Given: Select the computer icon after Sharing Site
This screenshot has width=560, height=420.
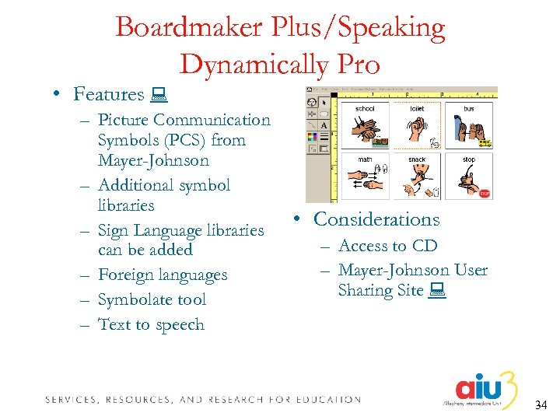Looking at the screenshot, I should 436,291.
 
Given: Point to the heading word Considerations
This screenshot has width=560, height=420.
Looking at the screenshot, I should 376,220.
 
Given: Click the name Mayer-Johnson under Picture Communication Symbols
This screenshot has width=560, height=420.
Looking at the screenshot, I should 153,161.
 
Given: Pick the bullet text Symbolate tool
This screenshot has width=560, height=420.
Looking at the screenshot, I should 152,299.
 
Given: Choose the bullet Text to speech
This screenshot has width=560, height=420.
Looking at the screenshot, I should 151,324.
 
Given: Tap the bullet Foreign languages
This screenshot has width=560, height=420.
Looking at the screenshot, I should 163,275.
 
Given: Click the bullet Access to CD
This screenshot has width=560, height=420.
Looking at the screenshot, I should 388,246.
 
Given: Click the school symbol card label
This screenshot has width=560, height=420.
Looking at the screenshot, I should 365,109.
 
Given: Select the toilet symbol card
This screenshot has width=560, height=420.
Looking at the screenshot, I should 417,126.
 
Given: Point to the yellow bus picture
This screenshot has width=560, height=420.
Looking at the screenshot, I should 484,142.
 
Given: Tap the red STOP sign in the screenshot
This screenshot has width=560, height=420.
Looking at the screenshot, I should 484,194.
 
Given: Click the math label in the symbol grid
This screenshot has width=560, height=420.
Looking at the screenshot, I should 365,159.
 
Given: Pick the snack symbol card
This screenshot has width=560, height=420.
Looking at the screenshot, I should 417,177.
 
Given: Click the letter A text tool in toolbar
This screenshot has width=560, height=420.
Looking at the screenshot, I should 324,125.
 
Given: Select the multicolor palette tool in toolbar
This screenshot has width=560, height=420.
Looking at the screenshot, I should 312,137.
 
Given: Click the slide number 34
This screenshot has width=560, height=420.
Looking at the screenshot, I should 542,405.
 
